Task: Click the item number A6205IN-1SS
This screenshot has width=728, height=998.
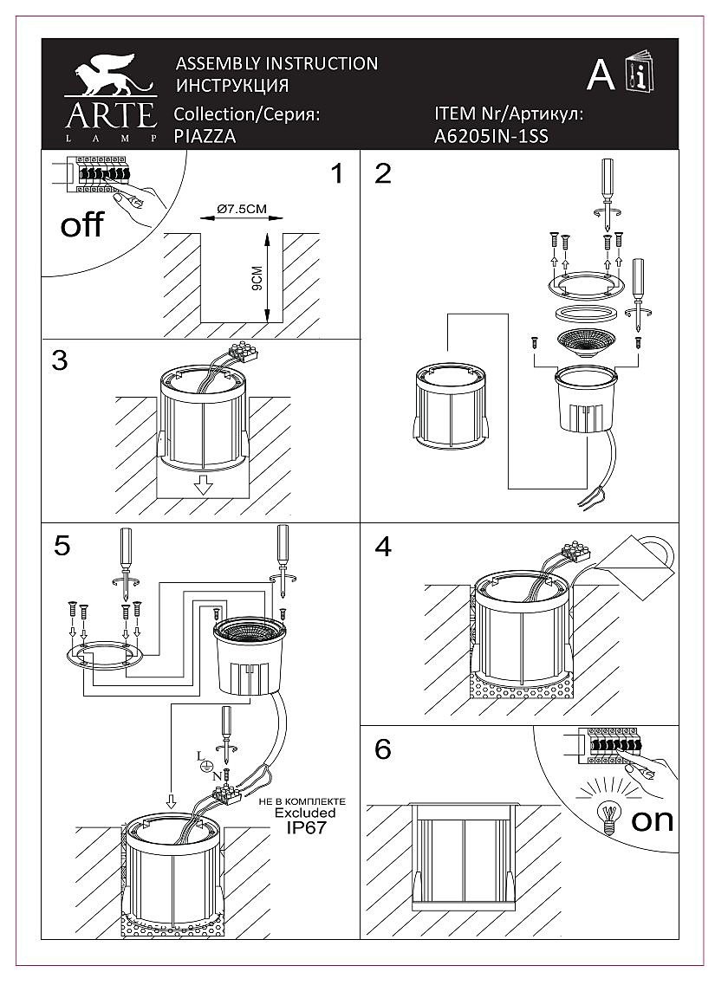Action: point(491,136)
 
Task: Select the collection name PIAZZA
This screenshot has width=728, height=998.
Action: point(205,136)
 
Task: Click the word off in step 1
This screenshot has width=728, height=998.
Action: point(81,225)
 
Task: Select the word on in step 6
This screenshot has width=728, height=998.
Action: point(652,819)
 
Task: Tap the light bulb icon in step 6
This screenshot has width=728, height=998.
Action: point(609,815)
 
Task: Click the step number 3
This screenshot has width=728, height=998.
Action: point(59,360)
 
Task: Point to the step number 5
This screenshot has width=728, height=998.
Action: point(61,545)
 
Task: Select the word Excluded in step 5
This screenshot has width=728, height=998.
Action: point(305,813)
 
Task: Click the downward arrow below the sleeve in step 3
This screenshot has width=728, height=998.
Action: point(204,484)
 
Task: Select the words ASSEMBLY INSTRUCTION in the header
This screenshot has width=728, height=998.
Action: point(276,63)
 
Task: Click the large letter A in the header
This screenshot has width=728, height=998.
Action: point(601,76)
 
